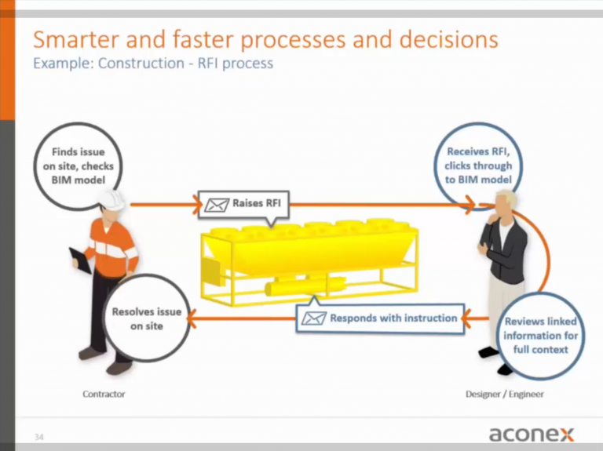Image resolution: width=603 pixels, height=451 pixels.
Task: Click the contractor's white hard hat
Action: click(x=112, y=201)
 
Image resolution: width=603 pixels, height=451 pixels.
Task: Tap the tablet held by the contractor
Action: click(x=80, y=260)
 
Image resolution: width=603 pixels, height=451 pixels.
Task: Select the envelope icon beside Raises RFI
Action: click(x=217, y=205)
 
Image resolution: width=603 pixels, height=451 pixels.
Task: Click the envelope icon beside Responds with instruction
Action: click(x=314, y=318)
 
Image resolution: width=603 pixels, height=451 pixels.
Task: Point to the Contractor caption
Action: click(x=104, y=395)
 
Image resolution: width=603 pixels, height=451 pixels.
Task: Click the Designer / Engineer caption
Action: click(x=505, y=395)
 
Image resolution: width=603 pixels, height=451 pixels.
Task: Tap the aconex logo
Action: click(x=532, y=434)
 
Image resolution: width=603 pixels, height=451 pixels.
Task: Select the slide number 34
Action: click(x=38, y=437)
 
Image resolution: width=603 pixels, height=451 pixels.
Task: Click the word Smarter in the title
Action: click(x=77, y=39)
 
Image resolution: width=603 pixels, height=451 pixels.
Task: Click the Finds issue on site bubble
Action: click(x=78, y=166)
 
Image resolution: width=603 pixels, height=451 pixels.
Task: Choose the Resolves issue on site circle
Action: click(x=147, y=318)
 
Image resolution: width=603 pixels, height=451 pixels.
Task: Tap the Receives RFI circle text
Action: click(x=478, y=165)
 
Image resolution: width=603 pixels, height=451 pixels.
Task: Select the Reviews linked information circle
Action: click(x=540, y=336)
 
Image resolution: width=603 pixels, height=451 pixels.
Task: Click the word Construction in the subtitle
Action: click(x=141, y=63)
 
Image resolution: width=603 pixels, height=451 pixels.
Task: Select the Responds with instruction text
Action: click(x=393, y=318)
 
